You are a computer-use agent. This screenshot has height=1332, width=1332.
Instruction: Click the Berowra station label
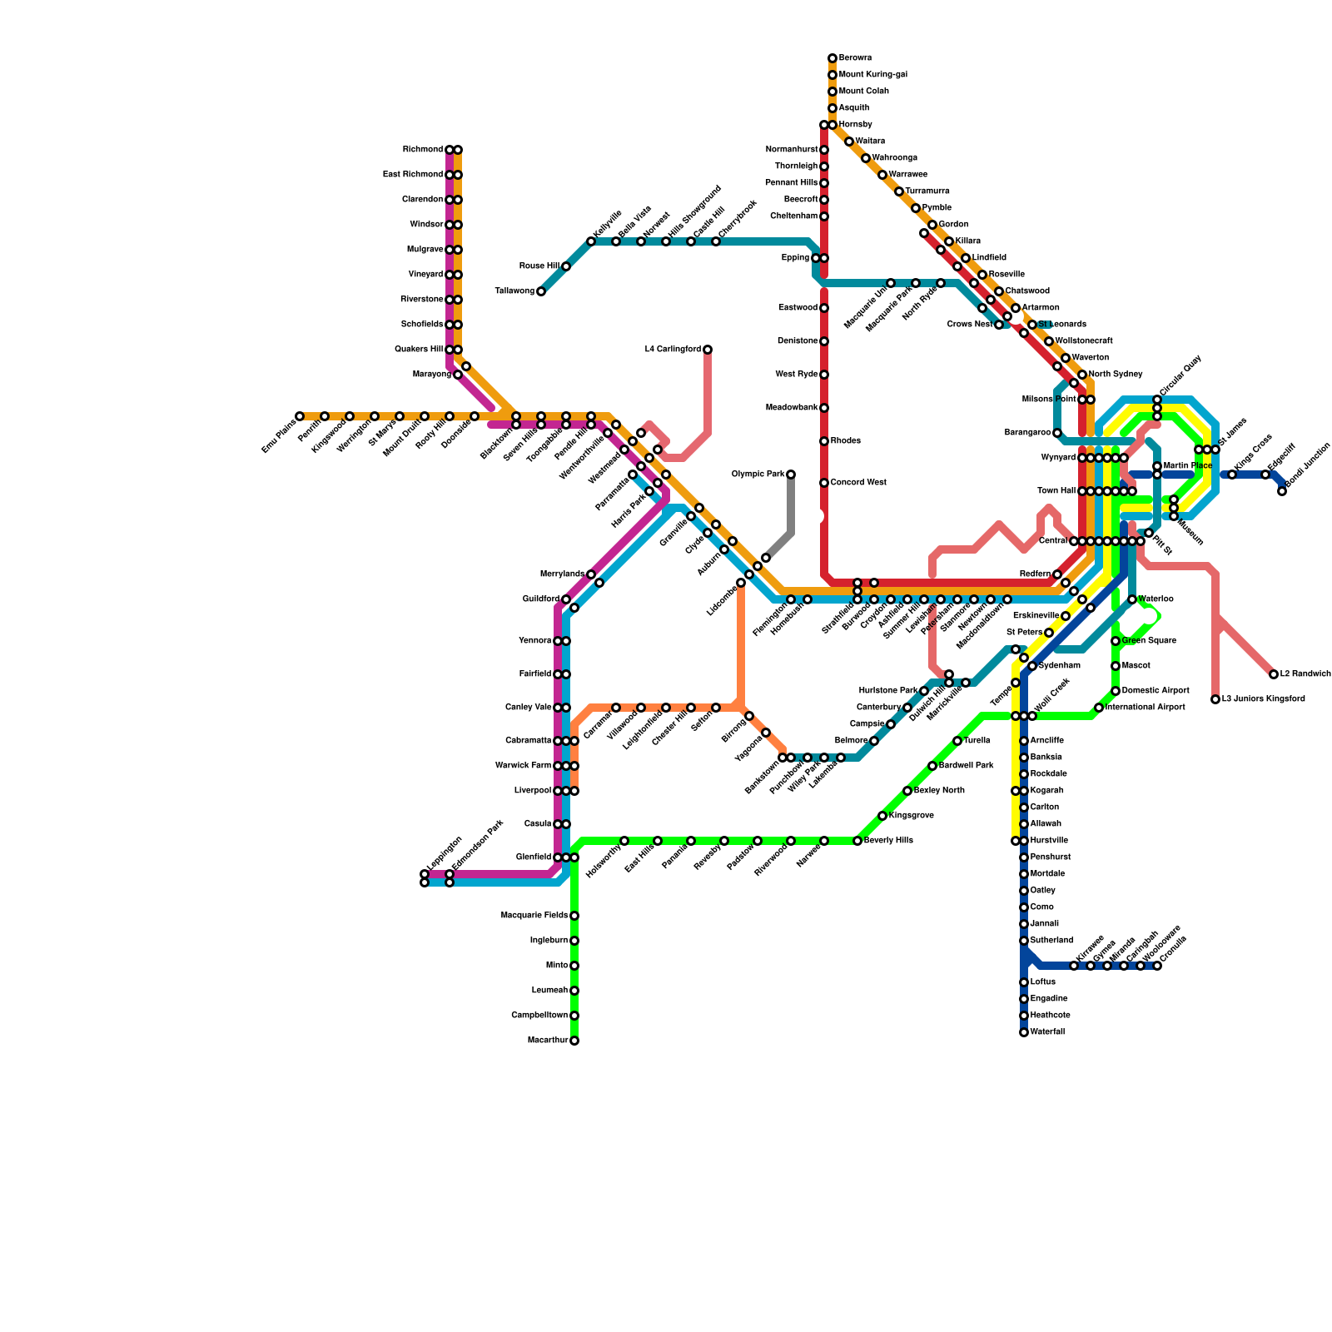click(x=855, y=58)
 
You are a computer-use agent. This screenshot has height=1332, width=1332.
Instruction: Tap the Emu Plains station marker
click(x=300, y=416)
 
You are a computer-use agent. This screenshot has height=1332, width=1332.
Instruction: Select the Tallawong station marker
click(x=541, y=291)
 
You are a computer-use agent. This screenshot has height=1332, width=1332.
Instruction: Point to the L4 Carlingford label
click(x=673, y=350)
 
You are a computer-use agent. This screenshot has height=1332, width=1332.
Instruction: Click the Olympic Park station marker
click(x=791, y=475)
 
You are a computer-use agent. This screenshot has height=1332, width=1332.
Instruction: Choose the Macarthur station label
click(x=548, y=1041)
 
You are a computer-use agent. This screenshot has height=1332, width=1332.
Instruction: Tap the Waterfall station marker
click(x=1024, y=1032)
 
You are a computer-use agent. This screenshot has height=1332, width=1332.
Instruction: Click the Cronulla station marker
click(x=1157, y=966)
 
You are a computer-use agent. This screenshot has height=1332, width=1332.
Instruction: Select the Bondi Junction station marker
click(x=1282, y=491)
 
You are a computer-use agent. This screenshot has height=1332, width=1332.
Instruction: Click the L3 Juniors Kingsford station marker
click(x=1215, y=699)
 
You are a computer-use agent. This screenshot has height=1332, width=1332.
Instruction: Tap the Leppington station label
click(x=444, y=855)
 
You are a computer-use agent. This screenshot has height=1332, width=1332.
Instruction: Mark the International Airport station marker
click(x=1099, y=708)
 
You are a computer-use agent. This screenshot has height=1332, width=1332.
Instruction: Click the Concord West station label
click(x=858, y=483)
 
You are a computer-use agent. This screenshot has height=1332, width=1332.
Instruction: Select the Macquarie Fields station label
click(x=534, y=916)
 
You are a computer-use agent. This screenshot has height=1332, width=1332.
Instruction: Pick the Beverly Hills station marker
click(x=857, y=841)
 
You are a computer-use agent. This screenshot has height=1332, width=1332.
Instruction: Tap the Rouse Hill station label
click(x=539, y=266)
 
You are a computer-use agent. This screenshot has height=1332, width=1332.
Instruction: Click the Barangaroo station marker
click(x=1057, y=433)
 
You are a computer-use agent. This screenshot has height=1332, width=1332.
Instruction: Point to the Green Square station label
click(x=1149, y=641)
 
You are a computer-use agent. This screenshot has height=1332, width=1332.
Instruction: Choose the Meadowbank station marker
click(x=824, y=408)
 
